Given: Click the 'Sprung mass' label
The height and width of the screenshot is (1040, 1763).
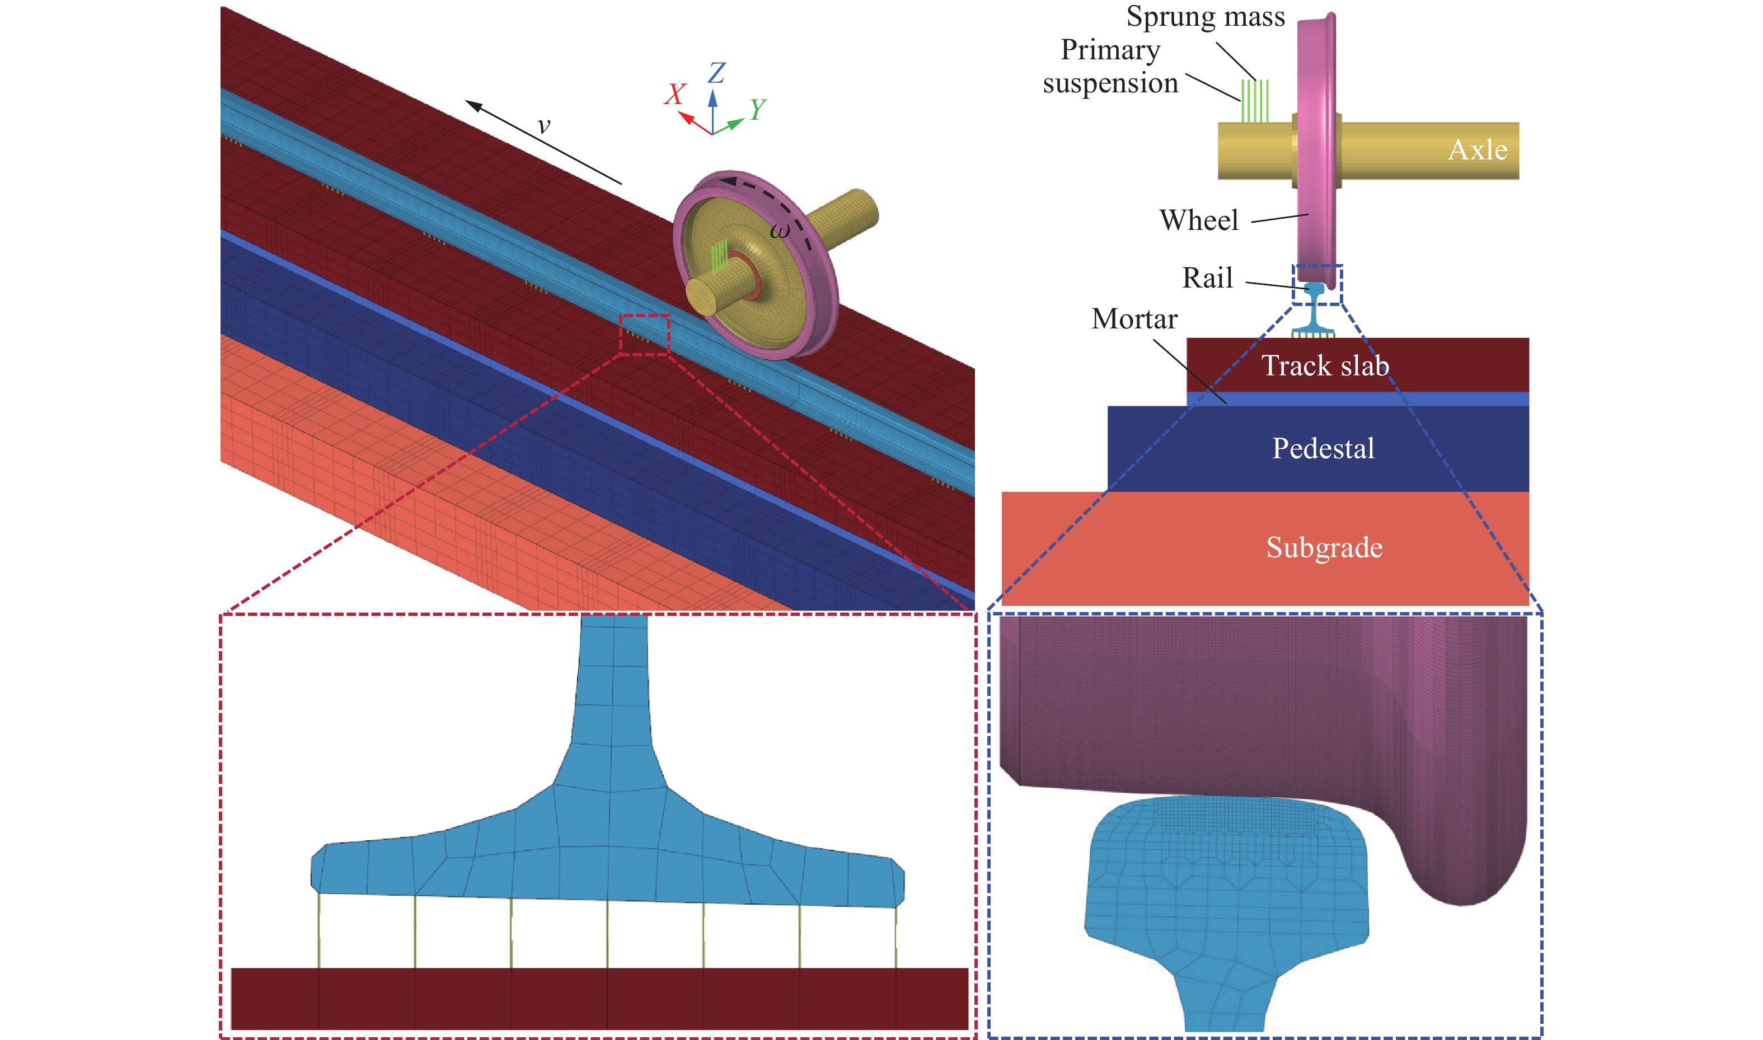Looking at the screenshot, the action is coord(1205,16).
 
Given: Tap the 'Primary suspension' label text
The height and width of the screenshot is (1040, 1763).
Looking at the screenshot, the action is coord(1110,66).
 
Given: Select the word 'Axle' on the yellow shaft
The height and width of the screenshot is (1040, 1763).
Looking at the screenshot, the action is coord(1478,149).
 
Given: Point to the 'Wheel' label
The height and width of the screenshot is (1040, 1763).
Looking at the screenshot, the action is coord(1199,220).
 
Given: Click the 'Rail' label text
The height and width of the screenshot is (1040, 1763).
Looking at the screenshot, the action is coord(1207,277).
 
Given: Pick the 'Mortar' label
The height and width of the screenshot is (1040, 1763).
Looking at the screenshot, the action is coord(1134,319).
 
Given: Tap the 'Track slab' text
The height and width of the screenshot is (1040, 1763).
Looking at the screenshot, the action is coord(1325,365).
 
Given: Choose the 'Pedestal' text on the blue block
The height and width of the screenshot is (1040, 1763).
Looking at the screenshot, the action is coord(1323,448).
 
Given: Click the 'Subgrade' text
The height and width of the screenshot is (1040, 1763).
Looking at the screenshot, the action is coord(1324,547).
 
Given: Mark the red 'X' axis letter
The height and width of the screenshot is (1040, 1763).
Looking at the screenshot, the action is coord(675,94).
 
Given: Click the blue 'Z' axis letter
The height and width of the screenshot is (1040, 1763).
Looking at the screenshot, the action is coord(716,72).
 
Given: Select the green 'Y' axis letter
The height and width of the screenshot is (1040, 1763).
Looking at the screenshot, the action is coord(758,109).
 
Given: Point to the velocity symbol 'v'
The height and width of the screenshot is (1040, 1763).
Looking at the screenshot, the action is coord(543,126).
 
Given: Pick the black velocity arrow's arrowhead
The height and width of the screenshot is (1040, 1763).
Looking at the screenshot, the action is coord(474,106).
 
